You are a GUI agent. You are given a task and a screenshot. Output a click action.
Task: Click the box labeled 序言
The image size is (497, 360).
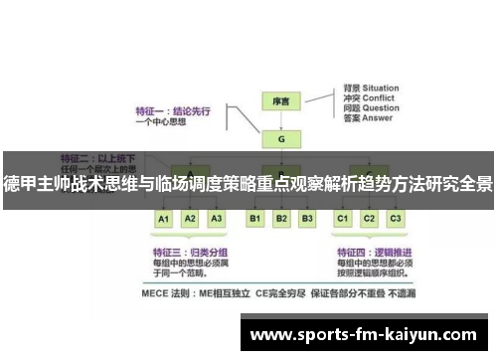pyautogui.click(x=280, y=100)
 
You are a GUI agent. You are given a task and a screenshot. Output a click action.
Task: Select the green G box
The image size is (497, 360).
pyautogui.click(x=280, y=138)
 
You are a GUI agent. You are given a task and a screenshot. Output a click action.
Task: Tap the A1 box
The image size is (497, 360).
pyautogui.click(x=165, y=218)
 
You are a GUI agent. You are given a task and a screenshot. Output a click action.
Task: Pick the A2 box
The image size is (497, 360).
pyautogui.click(x=191, y=218)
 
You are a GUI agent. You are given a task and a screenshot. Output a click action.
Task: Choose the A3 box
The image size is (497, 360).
pyautogui.click(x=217, y=218)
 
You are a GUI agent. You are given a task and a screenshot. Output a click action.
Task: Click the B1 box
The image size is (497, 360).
pyautogui.click(x=255, y=218)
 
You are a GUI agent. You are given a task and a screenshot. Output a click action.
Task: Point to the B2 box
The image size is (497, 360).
pyautogui.click(x=281, y=218)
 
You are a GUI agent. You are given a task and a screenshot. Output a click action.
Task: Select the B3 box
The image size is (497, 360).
pyautogui.click(x=307, y=218)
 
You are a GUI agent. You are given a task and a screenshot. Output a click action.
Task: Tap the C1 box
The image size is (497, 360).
pyautogui.click(x=343, y=218)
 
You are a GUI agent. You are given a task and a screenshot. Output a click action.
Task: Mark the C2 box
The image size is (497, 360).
pyautogui.click(x=369, y=218)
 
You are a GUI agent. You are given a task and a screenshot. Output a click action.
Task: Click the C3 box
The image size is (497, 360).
pyautogui.click(x=395, y=218)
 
